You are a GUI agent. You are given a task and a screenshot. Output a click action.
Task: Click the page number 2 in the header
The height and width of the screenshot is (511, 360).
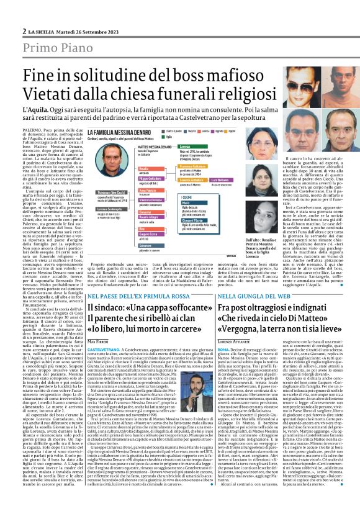24,30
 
